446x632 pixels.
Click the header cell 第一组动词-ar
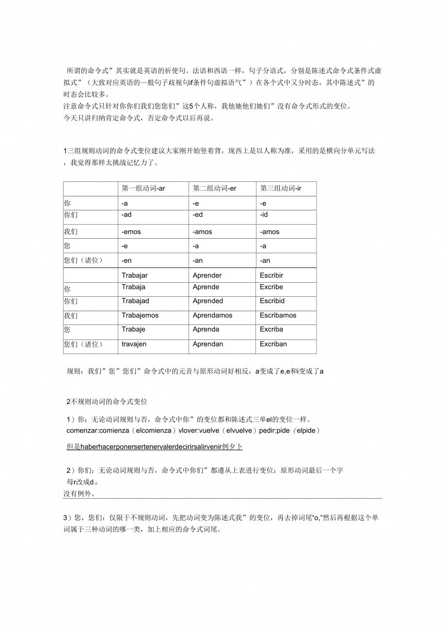click(x=143, y=188)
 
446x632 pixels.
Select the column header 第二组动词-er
click(x=214, y=188)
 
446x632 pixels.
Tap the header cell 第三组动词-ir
click(x=281, y=188)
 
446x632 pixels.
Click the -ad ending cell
click(x=127, y=214)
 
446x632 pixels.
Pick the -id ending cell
click(x=264, y=214)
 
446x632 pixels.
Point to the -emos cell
click(x=131, y=232)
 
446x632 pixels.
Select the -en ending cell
click(x=127, y=260)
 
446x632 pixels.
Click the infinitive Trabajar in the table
click(x=135, y=275)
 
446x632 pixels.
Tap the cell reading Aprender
click(x=207, y=275)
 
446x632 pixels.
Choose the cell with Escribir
click(x=271, y=275)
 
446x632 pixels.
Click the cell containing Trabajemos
click(x=140, y=315)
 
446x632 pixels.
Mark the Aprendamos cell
click(x=212, y=315)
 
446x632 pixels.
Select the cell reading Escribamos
click(x=278, y=315)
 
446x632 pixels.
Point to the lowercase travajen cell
click(x=134, y=344)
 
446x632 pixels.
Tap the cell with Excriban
click(x=273, y=344)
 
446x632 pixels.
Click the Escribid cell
click(x=272, y=301)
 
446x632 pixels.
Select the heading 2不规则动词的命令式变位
click(x=107, y=401)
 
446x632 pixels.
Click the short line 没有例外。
click(x=79, y=494)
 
